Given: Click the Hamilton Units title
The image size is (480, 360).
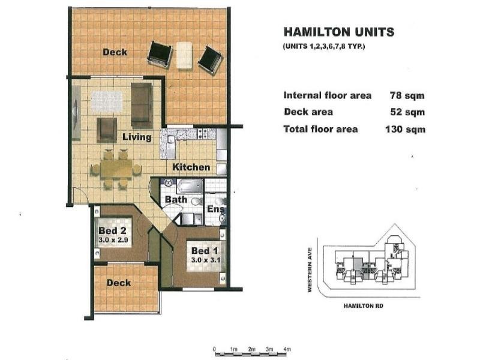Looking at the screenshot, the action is click(x=339, y=32).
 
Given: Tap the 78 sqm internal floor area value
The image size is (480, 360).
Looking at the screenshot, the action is click(x=407, y=95).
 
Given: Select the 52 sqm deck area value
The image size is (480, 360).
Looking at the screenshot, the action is click(x=407, y=112).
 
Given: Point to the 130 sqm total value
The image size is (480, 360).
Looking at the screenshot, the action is click(x=406, y=129).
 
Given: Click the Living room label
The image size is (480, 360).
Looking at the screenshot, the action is click(x=137, y=137).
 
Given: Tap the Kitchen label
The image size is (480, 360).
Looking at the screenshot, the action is click(x=191, y=167).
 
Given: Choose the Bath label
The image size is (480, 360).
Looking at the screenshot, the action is click(x=176, y=199).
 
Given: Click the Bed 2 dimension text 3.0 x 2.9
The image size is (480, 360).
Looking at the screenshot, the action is click(x=113, y=240).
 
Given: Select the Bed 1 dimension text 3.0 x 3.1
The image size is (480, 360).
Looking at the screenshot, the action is click(x=206, y=260).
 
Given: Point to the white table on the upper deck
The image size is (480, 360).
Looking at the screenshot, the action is click(x=184, y=55).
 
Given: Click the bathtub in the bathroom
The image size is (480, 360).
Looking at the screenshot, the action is click(x=190, y=186).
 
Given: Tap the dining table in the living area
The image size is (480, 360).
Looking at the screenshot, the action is click(x=116, y=169).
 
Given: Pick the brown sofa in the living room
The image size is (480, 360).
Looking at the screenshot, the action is click(x=142, y=104).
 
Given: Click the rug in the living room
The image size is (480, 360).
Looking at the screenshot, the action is click(x=107, y=102).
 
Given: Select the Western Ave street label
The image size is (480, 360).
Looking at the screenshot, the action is click(x=310, y=269).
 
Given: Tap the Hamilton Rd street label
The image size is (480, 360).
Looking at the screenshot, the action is click(x=364, y=306).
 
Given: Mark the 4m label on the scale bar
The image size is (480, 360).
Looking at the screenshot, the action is click(x=287, y=349).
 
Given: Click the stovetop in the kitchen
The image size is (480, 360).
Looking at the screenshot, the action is click(x=202, y=133).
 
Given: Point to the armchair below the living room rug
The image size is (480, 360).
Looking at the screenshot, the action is click(x=107, y=130).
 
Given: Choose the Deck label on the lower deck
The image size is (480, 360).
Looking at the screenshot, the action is click(x=119, y=283).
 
